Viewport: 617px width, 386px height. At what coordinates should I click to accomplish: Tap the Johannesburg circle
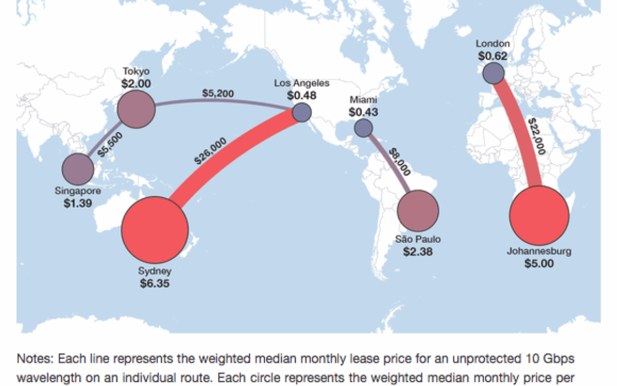coord(539,216)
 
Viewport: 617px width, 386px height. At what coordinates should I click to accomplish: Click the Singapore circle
coord(78,169)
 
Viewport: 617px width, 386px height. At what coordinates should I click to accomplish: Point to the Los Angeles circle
coord(302,112)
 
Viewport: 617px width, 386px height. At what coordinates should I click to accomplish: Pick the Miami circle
coord(363,128)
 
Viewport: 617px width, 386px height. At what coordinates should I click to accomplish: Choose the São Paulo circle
coord(418,210)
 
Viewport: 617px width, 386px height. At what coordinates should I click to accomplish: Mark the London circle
coord(493,73)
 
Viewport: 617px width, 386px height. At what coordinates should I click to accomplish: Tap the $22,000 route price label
coord(537,137)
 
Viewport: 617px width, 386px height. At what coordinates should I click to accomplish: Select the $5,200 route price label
coord(218,93)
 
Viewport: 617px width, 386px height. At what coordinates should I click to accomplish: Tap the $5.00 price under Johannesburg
coord(539,264)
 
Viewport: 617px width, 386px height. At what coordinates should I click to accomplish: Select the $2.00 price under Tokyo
coord(136,83)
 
